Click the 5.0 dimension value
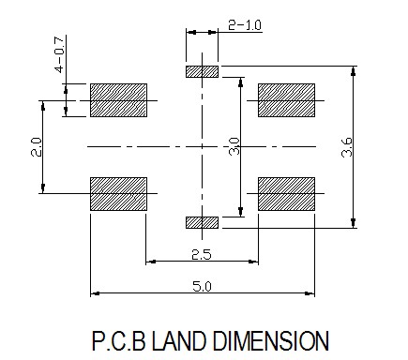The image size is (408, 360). (x=202, y=286)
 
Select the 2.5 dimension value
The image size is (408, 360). (x=202, y=255)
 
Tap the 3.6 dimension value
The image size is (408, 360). (x=347, y=147)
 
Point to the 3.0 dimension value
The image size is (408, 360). (x=234, y=146)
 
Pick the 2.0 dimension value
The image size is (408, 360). (x=37, y=147)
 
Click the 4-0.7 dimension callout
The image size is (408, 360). (x=59, y=54)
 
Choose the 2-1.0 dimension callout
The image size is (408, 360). (x=245, y=25)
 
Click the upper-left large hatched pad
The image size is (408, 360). (x=118, y=100)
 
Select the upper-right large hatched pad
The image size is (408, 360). (x=286, y=100)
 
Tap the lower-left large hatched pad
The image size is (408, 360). (x=118, y=194)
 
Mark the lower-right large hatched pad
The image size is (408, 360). (x=286, y=194)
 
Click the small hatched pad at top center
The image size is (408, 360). (x=202, y=71)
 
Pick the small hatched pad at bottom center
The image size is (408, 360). (x=202, y=222)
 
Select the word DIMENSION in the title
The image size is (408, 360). (x=271, y=340)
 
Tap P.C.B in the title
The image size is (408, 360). (x=119, y=340)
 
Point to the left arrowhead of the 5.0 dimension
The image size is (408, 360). (x=95, y=293)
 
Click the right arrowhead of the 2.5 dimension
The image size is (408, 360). (x=253, y=262)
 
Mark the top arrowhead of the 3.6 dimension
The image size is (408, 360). (x=354, y=71)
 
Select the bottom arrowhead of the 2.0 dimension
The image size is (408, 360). (x=43, y=188)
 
